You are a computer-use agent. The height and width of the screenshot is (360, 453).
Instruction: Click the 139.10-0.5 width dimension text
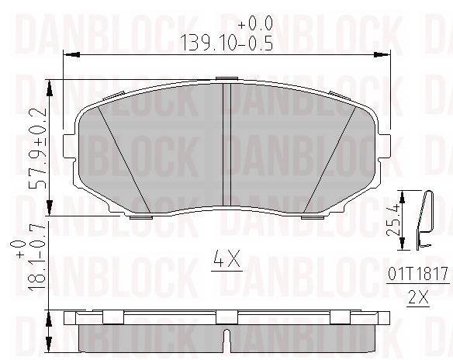[x=225, y=43]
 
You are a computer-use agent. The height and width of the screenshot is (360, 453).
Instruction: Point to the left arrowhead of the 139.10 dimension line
[x=67, y=54]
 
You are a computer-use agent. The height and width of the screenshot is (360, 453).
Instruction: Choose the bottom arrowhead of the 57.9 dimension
[x=50, y=211]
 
